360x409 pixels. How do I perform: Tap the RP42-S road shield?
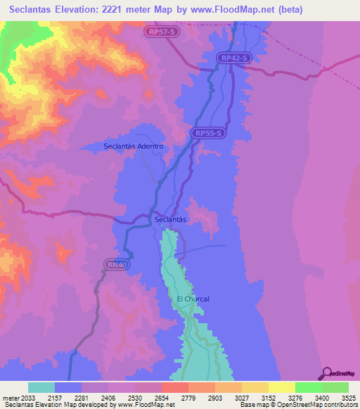(233, 58)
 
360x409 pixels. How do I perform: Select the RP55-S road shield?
(209, 132)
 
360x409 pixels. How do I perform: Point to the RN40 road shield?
(117, 265)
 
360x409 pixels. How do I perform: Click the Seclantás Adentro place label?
(134, 146)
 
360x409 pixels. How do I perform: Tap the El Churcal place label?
(193, 299)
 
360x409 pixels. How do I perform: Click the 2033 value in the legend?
(28, 397)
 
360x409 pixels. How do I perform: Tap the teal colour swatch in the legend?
(41, 387)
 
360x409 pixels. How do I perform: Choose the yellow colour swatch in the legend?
(282, 387)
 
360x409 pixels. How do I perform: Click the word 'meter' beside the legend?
(10, 397)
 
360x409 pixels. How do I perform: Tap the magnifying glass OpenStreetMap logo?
(326, 372)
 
